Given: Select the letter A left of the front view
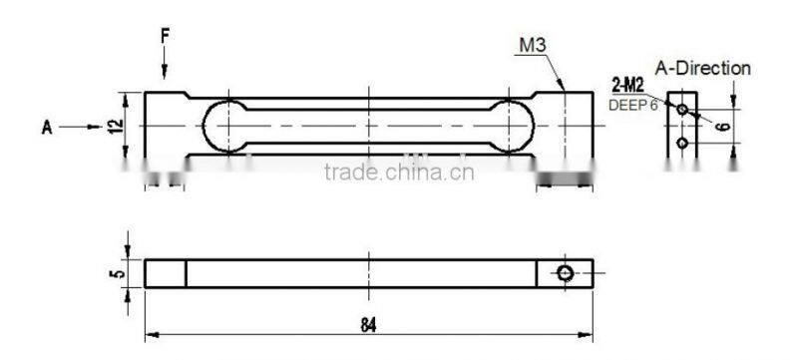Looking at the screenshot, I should (x=45, y=127).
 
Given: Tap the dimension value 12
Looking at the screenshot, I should (x=116, y=126).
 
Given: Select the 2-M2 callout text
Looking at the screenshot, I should (x=625, y=89).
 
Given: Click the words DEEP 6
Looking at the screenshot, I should (x=633, y=104).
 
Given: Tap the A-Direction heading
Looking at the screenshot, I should (x=703, y=69).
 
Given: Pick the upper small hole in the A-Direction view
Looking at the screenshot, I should (x=682, y=108).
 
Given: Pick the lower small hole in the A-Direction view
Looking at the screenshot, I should (x=682, y=143).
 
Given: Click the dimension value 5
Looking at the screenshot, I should (x=118, y=273).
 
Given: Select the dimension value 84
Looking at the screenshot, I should (x=369, y=325).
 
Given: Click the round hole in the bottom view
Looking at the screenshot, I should (x=566, y=273).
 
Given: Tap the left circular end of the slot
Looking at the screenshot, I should (x=223, y=126).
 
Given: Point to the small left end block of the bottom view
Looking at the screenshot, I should (x=166, y=273).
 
